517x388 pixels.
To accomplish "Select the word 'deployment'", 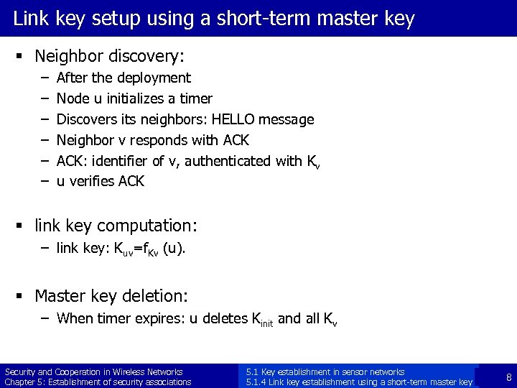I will click(x=155, y=78).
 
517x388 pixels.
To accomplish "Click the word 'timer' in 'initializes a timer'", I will click(x=196, y=98).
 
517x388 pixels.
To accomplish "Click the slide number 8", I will click(x=508, y=377).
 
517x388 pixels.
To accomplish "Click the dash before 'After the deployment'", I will click(x=44, y=78).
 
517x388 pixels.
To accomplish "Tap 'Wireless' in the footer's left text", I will click(x=129, y=372).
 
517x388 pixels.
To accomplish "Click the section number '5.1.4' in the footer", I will click(x=256, y=382).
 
